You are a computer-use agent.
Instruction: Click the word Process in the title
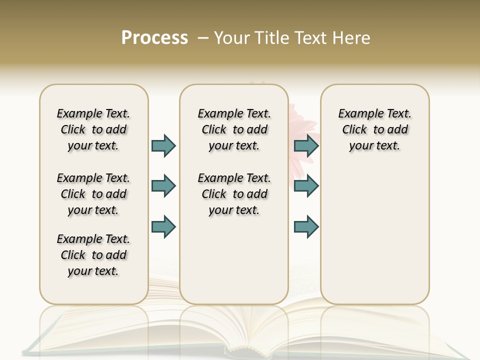pyautogui.click(x=154, y=38)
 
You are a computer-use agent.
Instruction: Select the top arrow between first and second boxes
pyautogui.click(x=163, y=145)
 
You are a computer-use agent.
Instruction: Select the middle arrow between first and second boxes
pyautogui.click(x=163, y=186)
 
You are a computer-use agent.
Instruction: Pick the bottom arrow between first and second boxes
pyautogui.click(x=163, y=226)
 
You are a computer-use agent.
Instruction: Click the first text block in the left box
pyautogui.click(x=93, y=129)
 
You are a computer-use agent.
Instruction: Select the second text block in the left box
pyautogui.click(x=93, y=194)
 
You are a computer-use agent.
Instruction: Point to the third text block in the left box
pyautogui.click(x=93, y=255)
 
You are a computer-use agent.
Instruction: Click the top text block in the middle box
pyautogui.click(x=234, y=129)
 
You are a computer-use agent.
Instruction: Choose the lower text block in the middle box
pyautogui.click(x=234, y=194)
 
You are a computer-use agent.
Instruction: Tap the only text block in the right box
pyautogui.click(x=374, y=129)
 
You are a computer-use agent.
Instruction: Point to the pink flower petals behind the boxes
pyautogui.click(x=303, y=125)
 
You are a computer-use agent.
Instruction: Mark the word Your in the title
pyautogui.click(x=231, y=38)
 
